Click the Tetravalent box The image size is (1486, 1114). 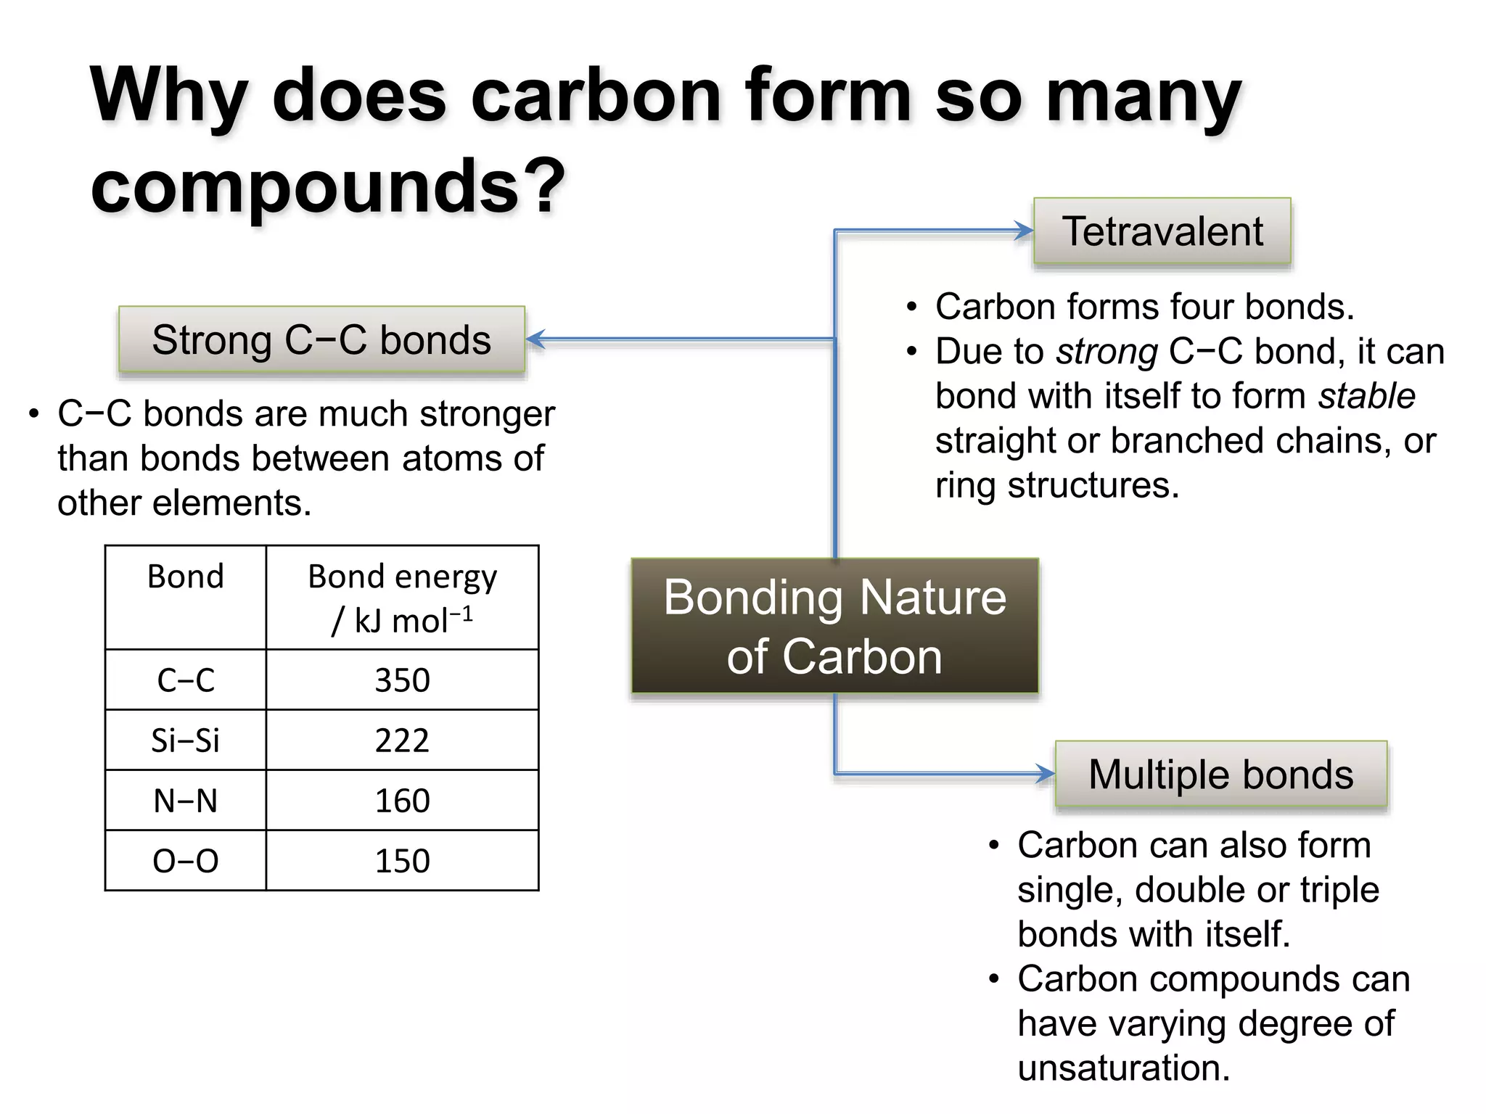1162,231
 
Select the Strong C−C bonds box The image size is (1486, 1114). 321,339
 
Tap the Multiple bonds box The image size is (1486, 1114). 1220,774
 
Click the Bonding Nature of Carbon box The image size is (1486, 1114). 834,626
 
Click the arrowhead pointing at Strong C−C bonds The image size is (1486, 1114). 535,339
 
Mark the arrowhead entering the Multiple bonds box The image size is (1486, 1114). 1046,774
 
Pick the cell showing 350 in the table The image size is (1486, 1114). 402,680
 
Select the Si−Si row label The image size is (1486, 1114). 186,740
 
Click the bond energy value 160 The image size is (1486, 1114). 402,801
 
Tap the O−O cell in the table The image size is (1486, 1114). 186,861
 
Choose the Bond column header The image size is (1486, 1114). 186,577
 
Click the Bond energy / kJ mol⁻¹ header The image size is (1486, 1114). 402,598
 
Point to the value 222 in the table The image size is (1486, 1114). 402,740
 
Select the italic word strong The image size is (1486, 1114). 1107,352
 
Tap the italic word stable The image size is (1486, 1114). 1366,396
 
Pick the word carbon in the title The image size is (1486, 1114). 596,96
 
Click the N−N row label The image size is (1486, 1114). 186,801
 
